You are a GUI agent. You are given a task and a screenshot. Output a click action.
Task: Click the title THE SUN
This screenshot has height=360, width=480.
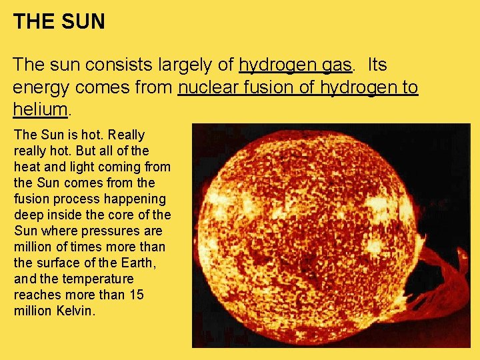coord(59,21)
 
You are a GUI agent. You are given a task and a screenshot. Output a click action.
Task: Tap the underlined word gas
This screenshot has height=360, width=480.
coord(337,65)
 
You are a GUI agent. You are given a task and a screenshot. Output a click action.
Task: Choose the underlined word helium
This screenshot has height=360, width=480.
coord(40,109)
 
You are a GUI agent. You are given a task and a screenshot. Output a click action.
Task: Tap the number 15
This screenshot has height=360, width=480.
coord(135,295)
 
